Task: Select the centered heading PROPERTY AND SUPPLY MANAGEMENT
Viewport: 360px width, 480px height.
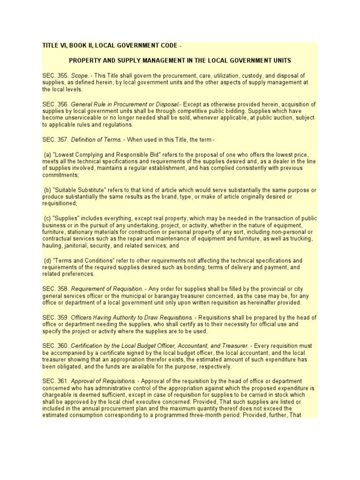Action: (x=180, y=60)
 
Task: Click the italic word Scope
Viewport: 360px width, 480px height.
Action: (x=80, y=75)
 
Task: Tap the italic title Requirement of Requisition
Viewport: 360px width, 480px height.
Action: (x=109, y=290)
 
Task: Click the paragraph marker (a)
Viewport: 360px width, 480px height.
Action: (x=47, y=154)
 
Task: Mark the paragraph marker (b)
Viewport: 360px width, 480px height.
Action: (x=47, y=190)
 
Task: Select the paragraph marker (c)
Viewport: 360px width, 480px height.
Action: (x=47, y=218)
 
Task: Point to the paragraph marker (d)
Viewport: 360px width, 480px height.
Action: (x=47, y=260)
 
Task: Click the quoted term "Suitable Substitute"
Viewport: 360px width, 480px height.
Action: (x=78, y=190)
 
